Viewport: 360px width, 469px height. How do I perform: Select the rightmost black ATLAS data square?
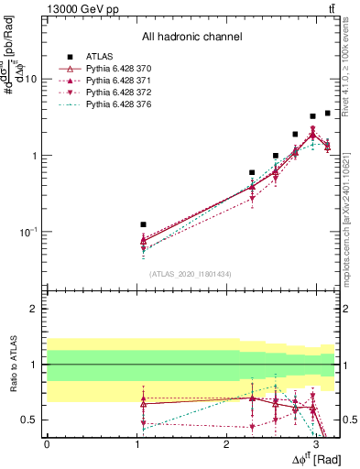click(x=328, y=113)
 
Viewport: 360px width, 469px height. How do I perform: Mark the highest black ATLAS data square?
click(x=328, y=113)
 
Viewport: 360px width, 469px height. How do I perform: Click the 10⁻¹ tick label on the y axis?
click(x=28, y=232)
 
